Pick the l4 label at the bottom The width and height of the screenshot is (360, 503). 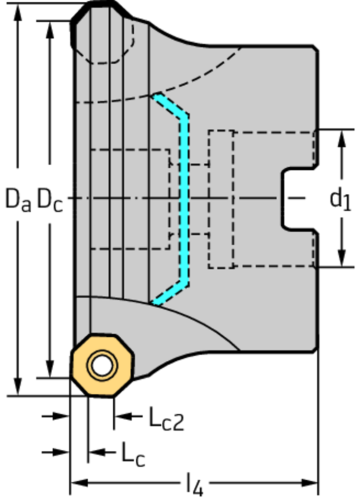tap(194, 487)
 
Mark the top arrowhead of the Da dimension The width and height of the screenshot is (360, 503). tap(16, 8)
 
